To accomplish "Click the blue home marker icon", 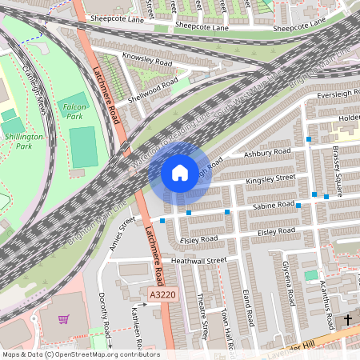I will pyautogui.click(x=180, y=172).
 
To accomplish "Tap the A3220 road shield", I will pyautogui.click(x=161, y=296).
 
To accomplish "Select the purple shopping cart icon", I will pyautogui.click(x=64, y=318).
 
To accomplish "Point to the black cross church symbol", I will pyautogui.click(x=348, y=320).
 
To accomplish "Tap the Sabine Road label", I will pyautogui.click(x=275, y=206).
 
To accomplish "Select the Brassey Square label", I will pyautogui.click(x=338, y=166).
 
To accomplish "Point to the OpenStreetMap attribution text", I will pyautogui.click(x=80, y=354).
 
